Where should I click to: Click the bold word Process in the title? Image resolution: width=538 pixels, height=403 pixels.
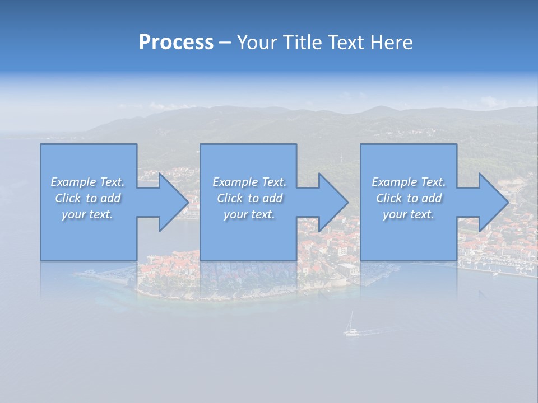pyautogui.click(x=176, y=43)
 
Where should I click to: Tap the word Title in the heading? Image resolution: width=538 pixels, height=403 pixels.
pyautogui.click(x=303, y=43)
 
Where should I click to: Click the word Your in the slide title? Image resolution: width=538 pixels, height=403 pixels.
pyautogui.click(x=258, y=43)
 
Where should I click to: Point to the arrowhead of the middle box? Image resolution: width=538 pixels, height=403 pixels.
pyautogui.click(x=332, y=202)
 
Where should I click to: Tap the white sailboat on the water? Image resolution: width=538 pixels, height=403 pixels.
pyautogui.click(x=351, y=326)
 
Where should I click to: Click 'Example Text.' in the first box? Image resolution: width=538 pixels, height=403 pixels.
pyautogui.click(x=87, y=182)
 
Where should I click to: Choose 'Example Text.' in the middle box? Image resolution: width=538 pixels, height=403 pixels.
pyautogui.click(x=249, y=182)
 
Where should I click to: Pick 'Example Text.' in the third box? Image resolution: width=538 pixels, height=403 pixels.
pyautogui.click(x=409, y=182)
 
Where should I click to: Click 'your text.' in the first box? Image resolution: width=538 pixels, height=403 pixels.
pyautogui.click(x=87, y=214)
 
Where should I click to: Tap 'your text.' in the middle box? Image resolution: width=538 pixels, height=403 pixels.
pyautogui.click(x=249, y=214)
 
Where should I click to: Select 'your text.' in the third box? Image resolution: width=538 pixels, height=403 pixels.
pyautogui.click(x=409, y=214)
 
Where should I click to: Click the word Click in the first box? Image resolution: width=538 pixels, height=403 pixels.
pyautogui.click(x=68, y=198)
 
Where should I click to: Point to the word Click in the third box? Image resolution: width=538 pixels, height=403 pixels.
pyautogui.click(x=389, y=198)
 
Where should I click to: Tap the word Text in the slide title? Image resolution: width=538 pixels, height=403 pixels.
pyautogui.click(x=346, y=43)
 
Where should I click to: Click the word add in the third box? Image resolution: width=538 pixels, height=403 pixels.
pyautogui.click(x=432, y=198)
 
